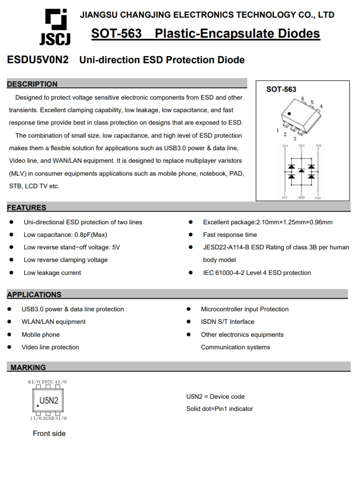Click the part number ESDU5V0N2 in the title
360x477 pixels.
[38, 60]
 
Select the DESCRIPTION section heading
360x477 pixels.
[32, 84]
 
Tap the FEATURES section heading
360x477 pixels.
[26, 207]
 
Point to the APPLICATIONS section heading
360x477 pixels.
[34, 294]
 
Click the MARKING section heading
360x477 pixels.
[28, 367]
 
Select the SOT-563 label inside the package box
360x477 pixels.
[281, 89]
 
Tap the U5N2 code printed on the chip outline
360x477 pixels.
[49, 401]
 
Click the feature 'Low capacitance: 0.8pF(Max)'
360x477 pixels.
[65, 235]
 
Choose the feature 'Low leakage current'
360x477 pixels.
[52, 273]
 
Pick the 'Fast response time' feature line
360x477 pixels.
[230, 235]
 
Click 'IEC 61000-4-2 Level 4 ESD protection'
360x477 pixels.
[257, 273]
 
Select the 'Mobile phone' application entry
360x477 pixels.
[40, 335]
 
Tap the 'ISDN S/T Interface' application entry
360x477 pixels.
[227, 322]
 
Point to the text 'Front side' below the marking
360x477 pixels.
[49, 433]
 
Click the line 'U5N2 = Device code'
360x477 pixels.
[215, 397]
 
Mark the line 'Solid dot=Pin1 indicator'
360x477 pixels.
[219, 409]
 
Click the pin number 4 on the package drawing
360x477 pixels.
[321, 106]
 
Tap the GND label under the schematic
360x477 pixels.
[301, 198]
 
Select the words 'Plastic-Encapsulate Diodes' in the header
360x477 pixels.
[237, 34]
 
